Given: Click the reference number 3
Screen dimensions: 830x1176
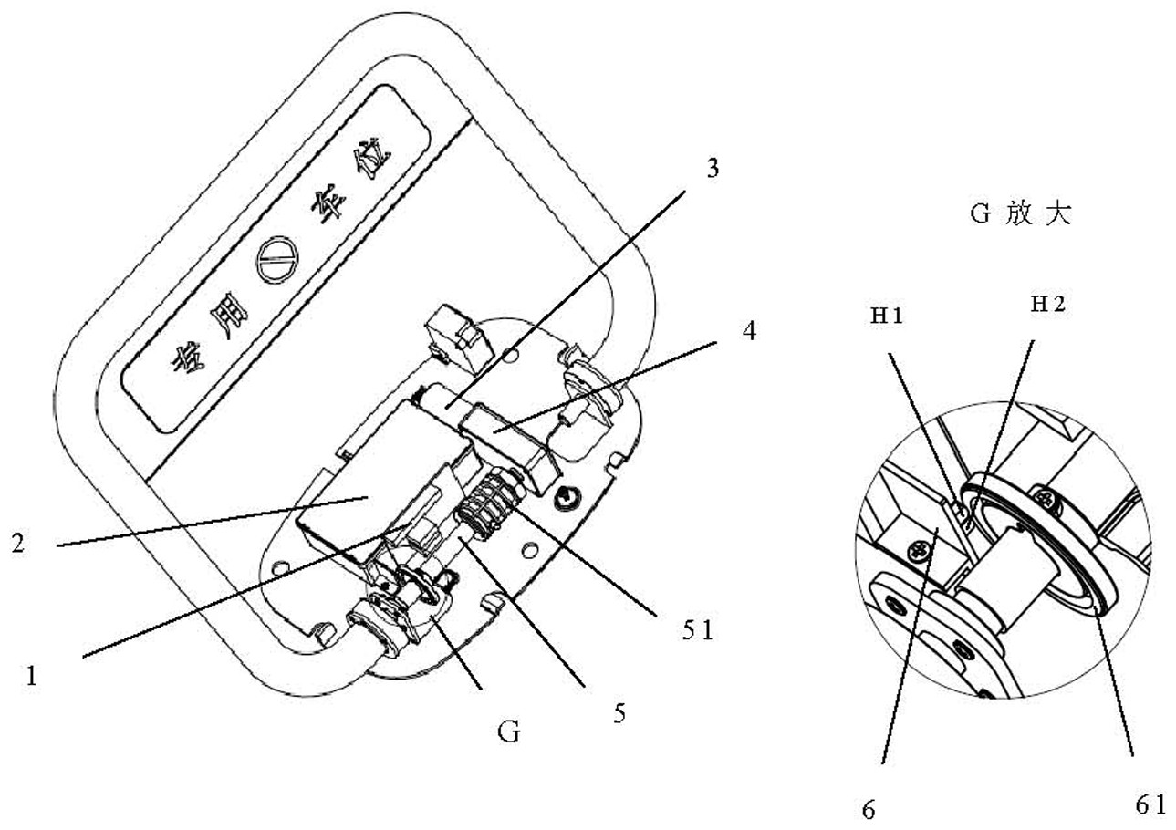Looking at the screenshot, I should [x=713, y=169].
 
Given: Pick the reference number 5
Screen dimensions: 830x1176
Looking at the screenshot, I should [x=619, y=711].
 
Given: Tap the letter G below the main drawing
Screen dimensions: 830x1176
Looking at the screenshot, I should [x=509, y=731].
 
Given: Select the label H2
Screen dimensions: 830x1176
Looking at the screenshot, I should [x=1047, y=306].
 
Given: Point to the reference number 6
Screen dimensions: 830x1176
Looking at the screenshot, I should [x=869, y=809].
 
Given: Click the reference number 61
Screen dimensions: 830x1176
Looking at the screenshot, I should [x=1150, y=804].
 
